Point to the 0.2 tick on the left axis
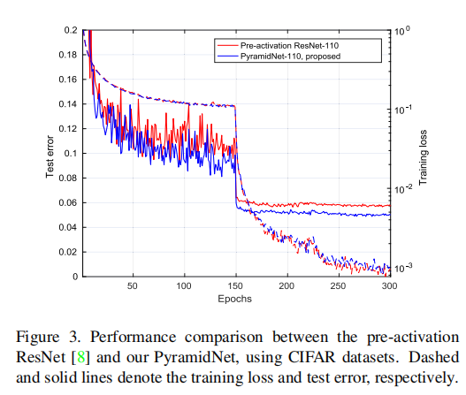click(x=68, y=30)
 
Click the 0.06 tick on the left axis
click(x=65, y=202)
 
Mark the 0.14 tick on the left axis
click(x=65, y=104)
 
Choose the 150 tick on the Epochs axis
click(x=234, y=286)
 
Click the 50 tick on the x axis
click(x=133, y=286)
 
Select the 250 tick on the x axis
click(x=336, y=286)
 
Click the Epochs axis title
click(x=234, y=299)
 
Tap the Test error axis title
click(x=50, y=154)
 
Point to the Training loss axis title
click(x=423, y=154)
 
